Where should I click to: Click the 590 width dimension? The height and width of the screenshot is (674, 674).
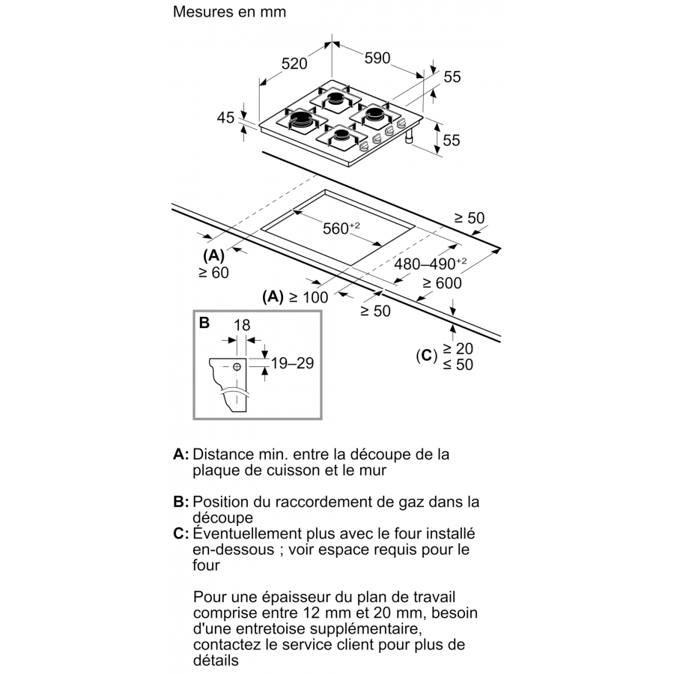377,58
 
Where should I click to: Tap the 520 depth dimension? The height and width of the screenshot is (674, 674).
294,64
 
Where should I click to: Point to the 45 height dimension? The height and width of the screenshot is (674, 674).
225,118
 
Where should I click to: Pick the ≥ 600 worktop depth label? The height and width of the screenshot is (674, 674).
441,283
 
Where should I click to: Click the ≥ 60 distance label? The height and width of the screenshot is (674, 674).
213,273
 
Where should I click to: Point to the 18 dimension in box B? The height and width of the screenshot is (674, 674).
241,325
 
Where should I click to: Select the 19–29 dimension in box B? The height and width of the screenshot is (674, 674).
291,364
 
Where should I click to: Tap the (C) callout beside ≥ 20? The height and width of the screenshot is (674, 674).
426,356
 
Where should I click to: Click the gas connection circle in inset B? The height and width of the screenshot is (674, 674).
237,366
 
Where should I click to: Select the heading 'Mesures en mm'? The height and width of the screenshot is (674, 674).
229,13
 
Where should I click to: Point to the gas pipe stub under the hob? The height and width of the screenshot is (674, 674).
410,139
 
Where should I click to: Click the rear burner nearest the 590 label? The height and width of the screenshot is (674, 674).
338,99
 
